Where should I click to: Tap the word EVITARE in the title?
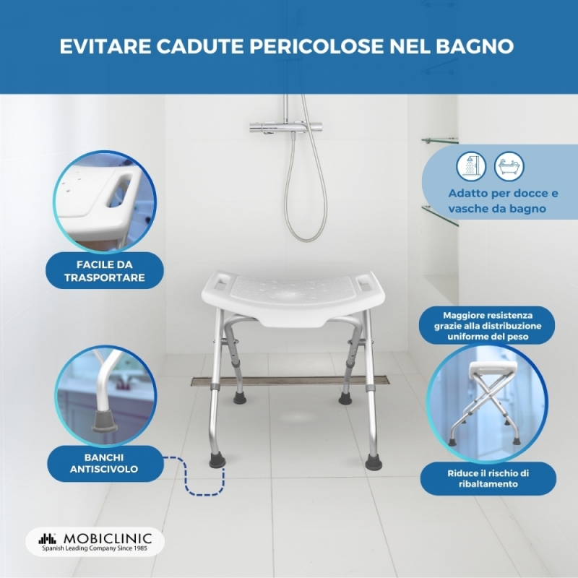105,46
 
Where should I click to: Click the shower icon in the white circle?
471,166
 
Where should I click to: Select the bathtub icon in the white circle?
509,166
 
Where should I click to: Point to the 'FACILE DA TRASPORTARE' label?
105,271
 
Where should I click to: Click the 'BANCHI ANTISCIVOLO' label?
105,463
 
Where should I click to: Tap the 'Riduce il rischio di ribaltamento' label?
488,478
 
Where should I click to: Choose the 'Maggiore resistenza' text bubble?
487,326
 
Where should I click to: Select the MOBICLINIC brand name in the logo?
108,538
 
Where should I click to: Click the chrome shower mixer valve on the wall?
286,128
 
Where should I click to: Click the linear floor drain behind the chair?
290,381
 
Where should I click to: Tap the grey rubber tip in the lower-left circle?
104,421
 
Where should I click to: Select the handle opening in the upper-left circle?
119,191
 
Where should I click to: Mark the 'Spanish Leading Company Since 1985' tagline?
95,548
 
